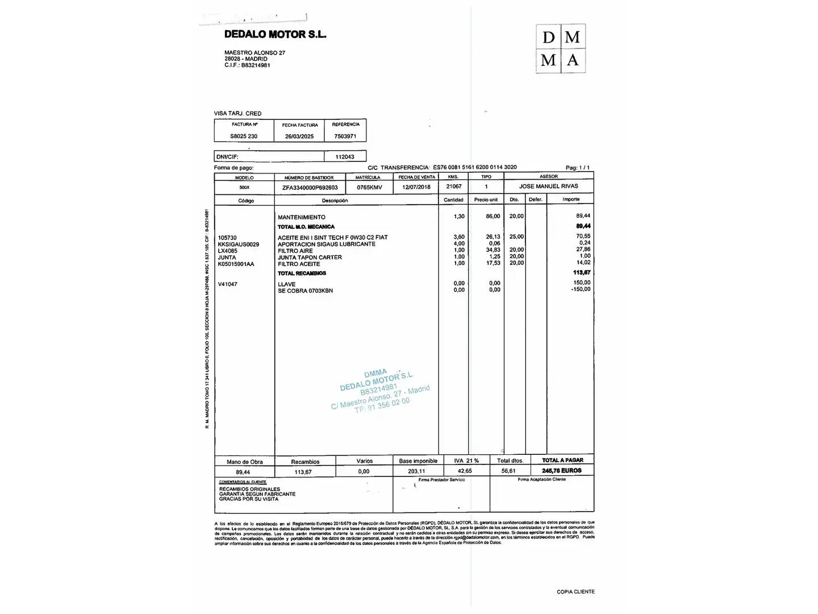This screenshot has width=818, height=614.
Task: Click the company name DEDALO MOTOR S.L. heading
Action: [x=275, y=34]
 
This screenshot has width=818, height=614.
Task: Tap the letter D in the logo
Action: [x=548, y=38]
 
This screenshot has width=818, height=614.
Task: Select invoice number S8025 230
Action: [x=244, y=136]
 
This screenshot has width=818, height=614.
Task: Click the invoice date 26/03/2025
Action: [x=299, y=136]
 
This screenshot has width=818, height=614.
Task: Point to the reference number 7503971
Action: [x=345, y=136]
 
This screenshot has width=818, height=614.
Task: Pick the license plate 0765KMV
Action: [x=369, y=187]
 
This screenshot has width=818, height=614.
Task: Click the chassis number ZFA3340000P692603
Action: [x=310, y=188]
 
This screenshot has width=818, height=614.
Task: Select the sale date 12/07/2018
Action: [x=416, y=187]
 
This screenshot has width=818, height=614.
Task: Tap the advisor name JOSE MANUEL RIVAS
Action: [x=548, y=186]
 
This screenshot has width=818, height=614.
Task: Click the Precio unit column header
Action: [x=486, y=200]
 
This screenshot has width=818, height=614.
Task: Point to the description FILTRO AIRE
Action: [x=295, y=251]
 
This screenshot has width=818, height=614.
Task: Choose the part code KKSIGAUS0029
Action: [x=239, y=244]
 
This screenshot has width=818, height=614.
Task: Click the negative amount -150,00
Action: [x=581, y=289]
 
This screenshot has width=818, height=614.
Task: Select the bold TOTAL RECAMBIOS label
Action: [x=302, y=273]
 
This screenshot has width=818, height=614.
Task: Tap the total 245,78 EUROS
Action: [x=562, y=471]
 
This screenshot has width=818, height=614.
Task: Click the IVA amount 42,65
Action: [x=465, y=471]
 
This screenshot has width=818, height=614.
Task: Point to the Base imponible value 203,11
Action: [x=416, y=471]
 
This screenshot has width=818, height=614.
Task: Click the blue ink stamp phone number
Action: [x=382, y=404]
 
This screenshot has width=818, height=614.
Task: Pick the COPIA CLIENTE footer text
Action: [x=575, y=592]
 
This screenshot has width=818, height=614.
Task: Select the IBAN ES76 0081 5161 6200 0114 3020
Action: [x=475, y=168]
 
